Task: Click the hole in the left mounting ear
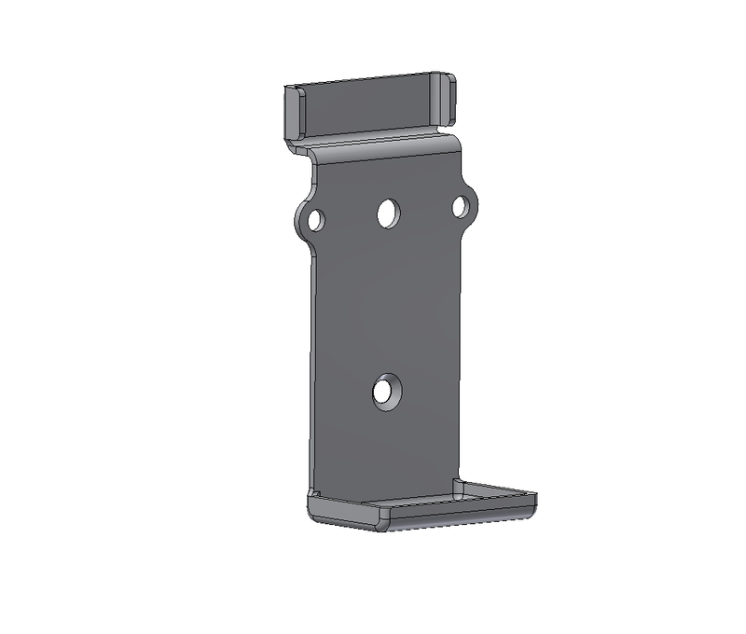coord(315,220)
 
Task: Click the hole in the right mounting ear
coord(461,207)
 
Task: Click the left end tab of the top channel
coord(292,113)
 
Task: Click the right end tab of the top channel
coord(447,98)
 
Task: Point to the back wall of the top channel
coord(368,104)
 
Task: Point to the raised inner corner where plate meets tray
coord(457,486)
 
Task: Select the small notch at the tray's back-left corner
coord(313,495)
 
